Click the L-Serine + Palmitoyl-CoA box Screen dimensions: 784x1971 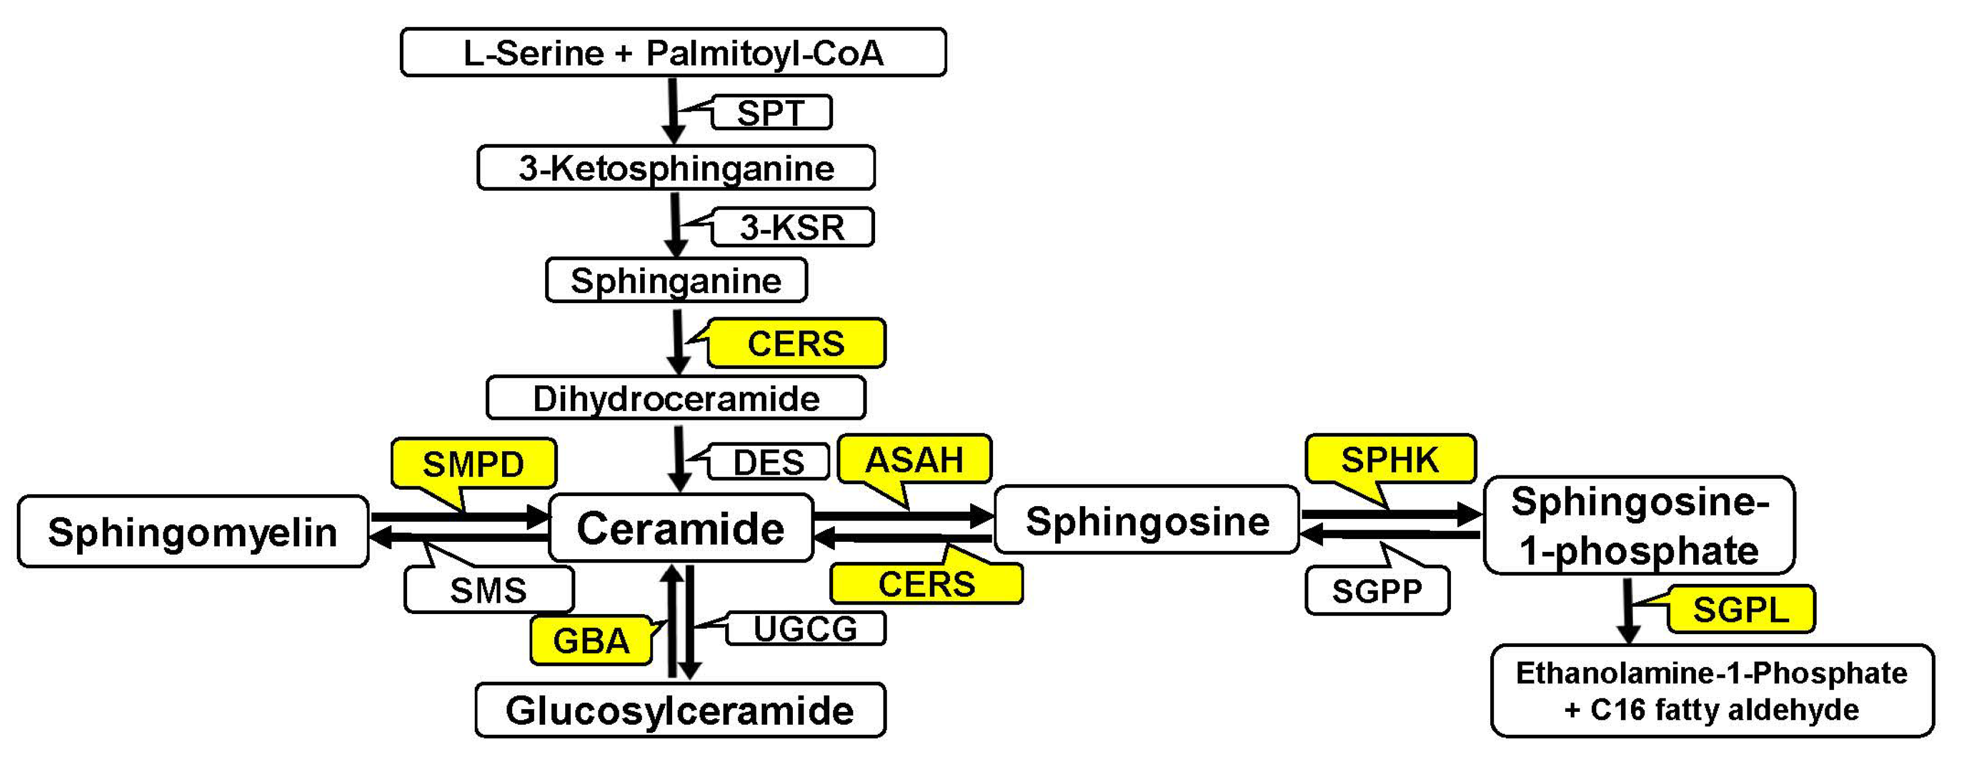pos(673,53)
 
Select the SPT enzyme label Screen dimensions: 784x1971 pos(771,112)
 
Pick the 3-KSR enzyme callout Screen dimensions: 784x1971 pos(792,227)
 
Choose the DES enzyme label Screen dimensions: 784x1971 pos(768,462)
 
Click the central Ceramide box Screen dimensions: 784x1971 pos(680,528)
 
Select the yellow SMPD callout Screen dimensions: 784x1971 pos(474,464)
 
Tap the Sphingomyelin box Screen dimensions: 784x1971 pos(193,532)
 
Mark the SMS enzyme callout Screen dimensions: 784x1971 pos(488,590)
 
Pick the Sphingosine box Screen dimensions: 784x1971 pos(1146,521)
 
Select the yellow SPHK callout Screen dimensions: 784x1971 pos(1389,460)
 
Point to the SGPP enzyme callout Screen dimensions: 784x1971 pos(1377,591)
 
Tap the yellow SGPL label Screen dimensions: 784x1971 pos(1741,610)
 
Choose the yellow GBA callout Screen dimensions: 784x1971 pos(590,640)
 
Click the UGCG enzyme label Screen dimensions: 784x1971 pos(805,629)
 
